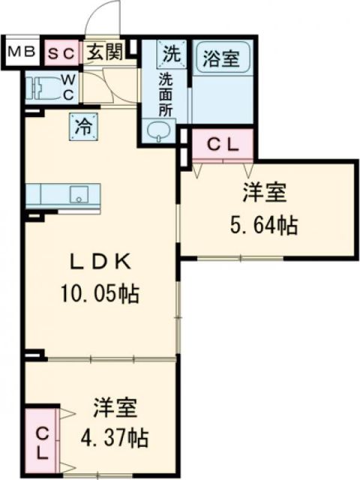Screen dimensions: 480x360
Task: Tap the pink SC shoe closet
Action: (x=62, y=53)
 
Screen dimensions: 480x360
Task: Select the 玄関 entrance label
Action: (x=104, y=52)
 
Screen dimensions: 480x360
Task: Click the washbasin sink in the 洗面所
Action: (x=159, y=132)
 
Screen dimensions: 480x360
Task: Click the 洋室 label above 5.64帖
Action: (x=264, y=193)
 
